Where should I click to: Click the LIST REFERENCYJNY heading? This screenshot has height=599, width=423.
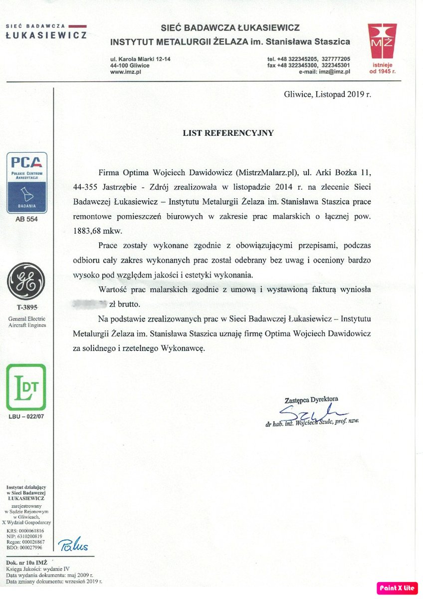click(x=228, y=133)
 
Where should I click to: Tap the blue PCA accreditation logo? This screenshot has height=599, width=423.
click(x=26, y=183)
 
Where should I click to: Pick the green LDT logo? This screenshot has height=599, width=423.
click(x=26, y=387)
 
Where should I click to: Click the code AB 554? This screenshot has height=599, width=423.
click(x=26, y=219)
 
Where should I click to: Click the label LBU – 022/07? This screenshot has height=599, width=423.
click(x=26, y=416)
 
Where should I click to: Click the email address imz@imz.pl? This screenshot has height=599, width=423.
click(x=335, y=72)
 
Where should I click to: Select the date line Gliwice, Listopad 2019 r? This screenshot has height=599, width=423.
click(x=327, y=94)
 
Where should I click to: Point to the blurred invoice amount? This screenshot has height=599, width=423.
click(x=90, y=303)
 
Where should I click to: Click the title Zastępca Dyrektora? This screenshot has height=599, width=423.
click(x=311, y=400)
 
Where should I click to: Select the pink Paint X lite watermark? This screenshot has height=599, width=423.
click(x=397, y=588)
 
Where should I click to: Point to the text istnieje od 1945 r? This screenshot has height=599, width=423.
click(x=383, y=68)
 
